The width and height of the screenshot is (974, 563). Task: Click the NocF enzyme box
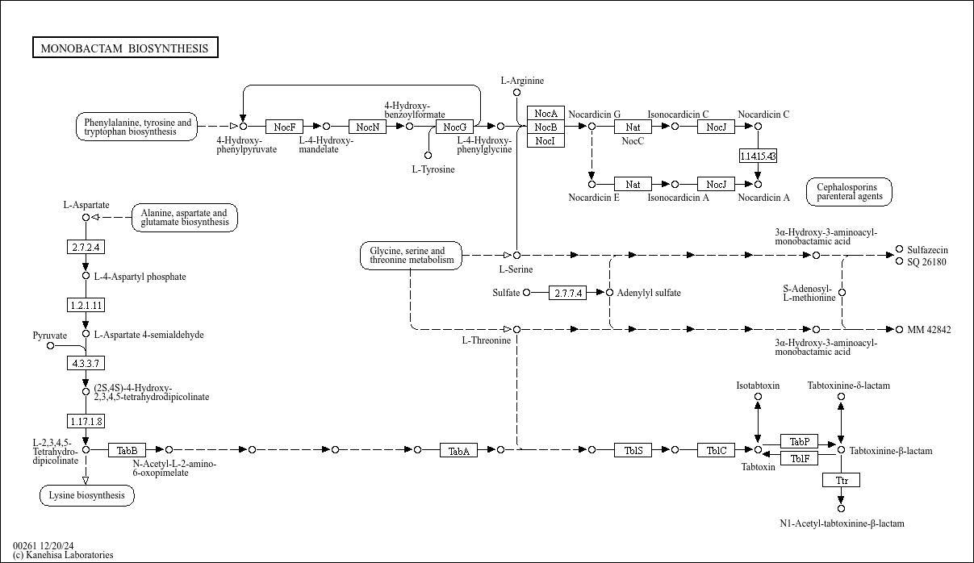284,127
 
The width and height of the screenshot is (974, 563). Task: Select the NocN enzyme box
367,127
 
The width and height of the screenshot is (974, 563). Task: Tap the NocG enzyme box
454,127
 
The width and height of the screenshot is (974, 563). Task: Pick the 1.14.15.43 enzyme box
758,156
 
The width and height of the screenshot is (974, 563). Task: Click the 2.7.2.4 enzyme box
86,247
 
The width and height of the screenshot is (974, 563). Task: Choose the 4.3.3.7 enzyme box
86,363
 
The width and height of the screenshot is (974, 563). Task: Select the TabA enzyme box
458,450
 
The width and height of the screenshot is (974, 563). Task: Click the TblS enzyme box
633,450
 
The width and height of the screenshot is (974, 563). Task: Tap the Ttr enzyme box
841,480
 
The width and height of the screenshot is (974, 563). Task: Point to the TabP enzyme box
799,441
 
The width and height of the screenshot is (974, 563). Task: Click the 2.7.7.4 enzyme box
567,293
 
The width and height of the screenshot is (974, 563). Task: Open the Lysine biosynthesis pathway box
87,495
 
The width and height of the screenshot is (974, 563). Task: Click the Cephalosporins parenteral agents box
849,192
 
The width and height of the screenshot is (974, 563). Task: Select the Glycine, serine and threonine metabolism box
411,255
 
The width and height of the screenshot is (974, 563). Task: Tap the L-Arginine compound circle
516,92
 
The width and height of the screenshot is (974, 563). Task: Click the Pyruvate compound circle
51,346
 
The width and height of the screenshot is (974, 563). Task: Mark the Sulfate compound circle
526,292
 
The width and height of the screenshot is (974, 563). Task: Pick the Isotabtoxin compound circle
758,396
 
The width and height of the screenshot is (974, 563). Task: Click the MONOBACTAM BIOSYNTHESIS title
125,48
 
